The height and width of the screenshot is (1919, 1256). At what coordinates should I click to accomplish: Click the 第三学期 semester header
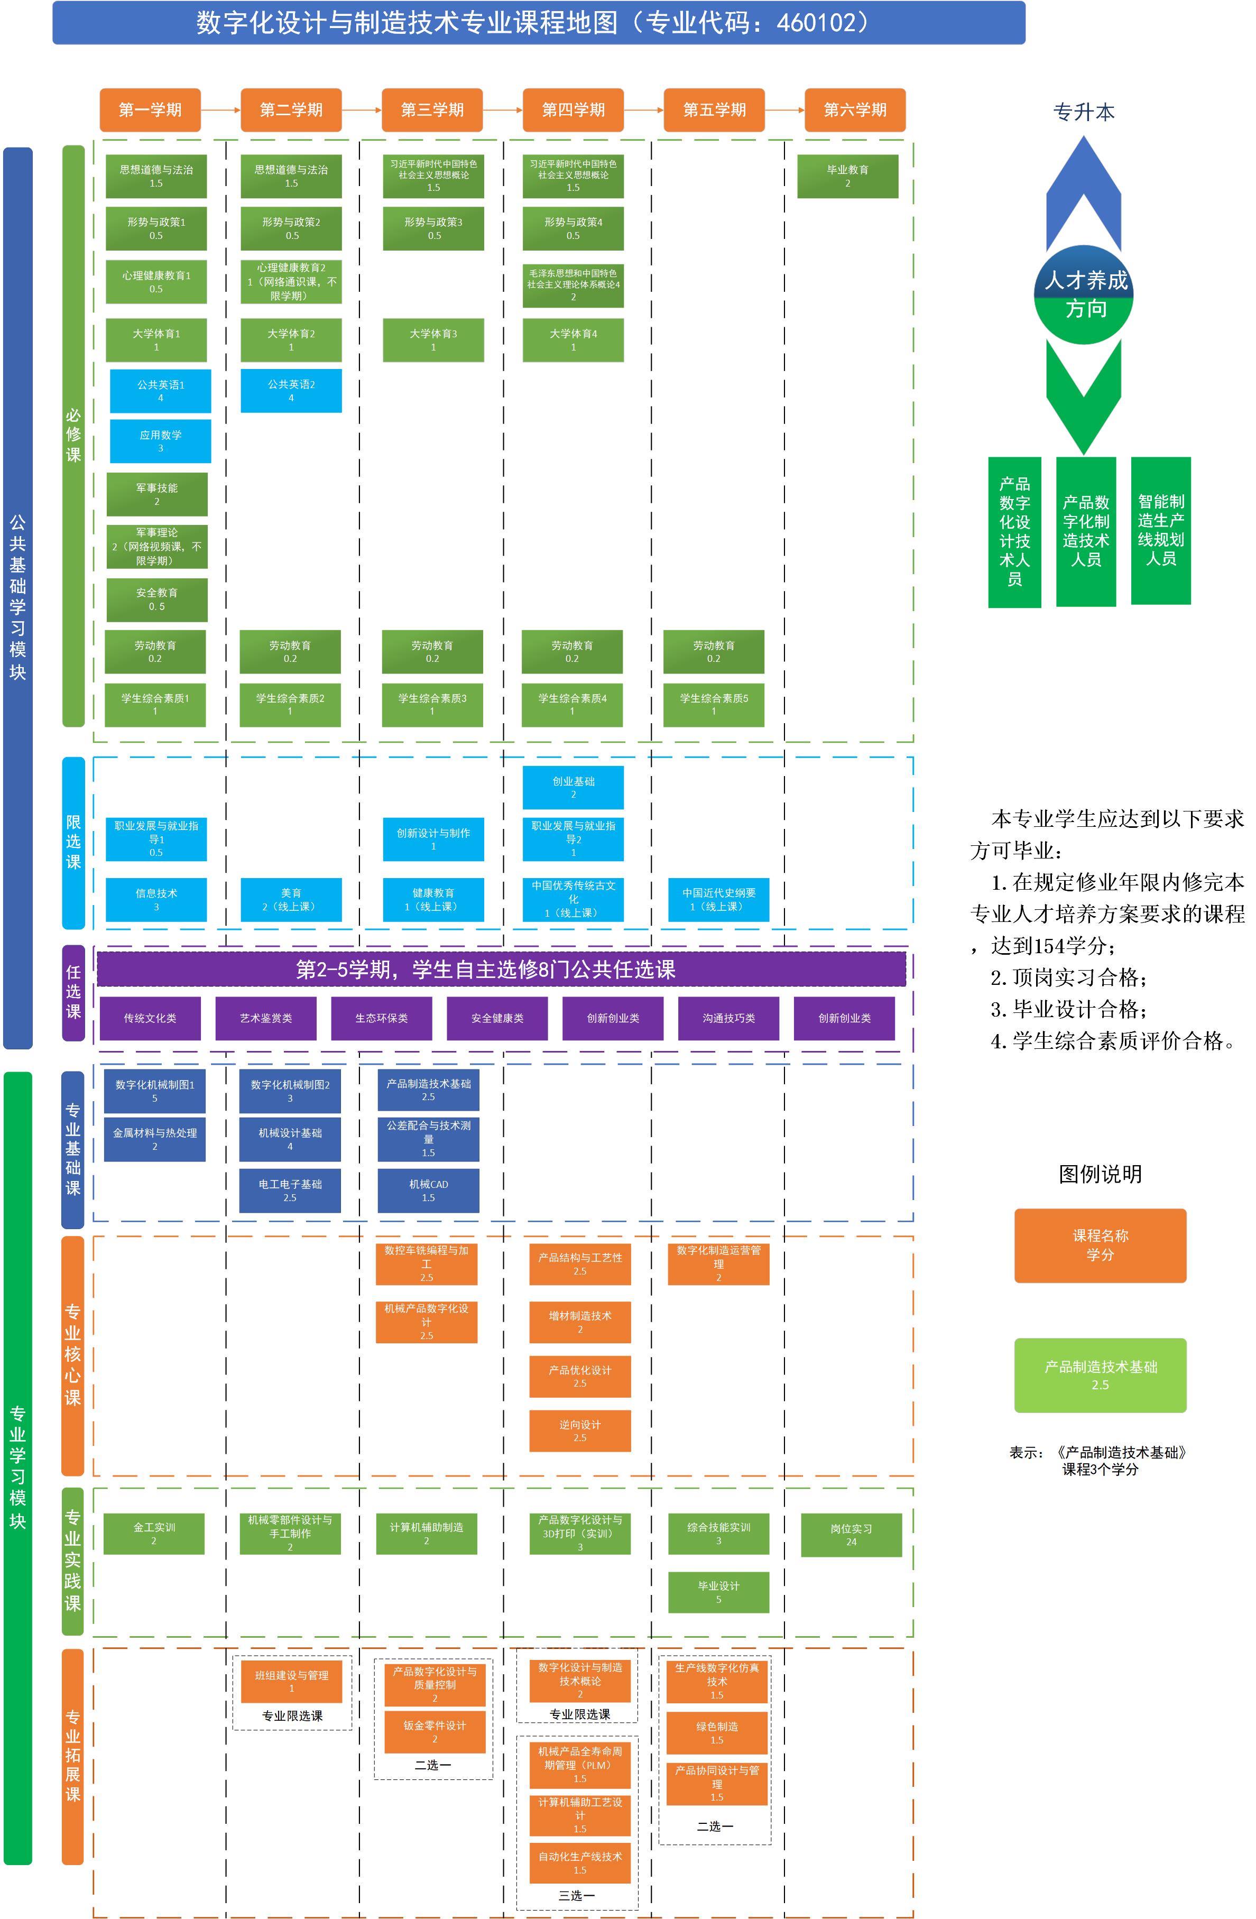(432, 109)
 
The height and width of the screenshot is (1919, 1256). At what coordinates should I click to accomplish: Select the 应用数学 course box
(160, 441)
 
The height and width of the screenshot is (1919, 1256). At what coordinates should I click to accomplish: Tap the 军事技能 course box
(157, 494)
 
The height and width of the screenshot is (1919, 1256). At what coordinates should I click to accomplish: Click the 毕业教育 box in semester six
(847, 176)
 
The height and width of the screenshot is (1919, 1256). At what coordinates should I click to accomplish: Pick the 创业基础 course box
(573, 787)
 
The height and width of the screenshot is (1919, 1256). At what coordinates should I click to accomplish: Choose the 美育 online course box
(291, 899)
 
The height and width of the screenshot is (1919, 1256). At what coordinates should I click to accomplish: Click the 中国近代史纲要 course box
(718, 899)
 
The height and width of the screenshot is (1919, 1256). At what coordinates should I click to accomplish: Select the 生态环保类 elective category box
(381, 1018)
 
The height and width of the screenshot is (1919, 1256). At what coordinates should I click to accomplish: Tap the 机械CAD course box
(428, 1190)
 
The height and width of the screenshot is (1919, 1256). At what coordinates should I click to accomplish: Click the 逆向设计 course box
(579, 1431)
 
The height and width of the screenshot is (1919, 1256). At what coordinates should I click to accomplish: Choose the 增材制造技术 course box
(579, 1322)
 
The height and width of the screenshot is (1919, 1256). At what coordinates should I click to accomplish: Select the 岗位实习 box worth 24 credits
(851, 1534)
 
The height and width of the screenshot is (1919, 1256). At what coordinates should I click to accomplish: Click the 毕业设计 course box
(718, 1592)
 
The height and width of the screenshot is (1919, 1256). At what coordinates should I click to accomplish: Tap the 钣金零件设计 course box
(435, 1731)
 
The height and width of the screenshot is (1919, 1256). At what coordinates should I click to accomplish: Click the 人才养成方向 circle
(1084, 295)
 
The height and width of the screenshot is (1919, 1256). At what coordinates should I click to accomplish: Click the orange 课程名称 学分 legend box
(1100, 1245)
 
